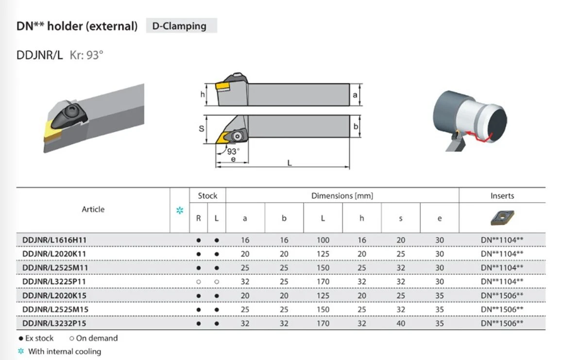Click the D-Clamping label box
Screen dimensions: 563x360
coord(181,26)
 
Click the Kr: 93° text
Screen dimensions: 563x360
coord(86,55)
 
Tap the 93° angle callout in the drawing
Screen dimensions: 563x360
coord(233,151)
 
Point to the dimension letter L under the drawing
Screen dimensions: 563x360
coord(290,163)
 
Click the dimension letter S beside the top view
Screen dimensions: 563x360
coord(202,129)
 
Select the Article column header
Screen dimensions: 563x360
coord(93,209)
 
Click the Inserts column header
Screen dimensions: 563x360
coord(502,196)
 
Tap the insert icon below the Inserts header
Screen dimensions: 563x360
coord(502,218)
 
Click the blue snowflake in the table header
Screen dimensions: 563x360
coord(180,210)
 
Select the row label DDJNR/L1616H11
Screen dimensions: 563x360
coord(54,240)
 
